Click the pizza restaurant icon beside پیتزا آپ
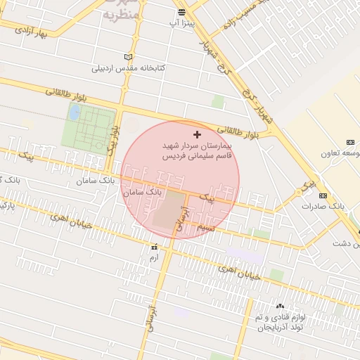point(181,12)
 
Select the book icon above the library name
point(127,57)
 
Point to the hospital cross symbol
point(196,134)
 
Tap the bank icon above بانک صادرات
point(323,195)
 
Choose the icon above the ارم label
point(154,247)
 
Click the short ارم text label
point(154,258)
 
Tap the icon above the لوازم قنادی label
point(281,306)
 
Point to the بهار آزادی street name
point(30,33)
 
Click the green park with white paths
point(87,125)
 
